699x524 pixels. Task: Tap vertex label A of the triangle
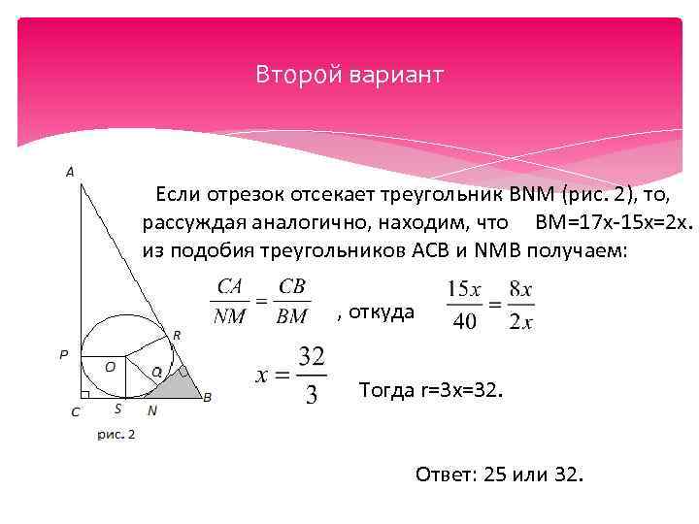pyautogui.click(x=70, y=172)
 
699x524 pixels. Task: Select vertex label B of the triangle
pyautogui.click(x=207, y=396)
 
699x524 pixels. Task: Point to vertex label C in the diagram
pyautogui.click(x=75, y=410)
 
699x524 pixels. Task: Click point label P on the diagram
pyautogui.click(x=63, y=355)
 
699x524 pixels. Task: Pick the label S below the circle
pyautogui.click(x=117, y=409)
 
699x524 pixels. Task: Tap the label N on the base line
pyautogui.click(x=152, y=410)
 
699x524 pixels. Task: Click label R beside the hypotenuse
pyautogui.click(x=176, y=334)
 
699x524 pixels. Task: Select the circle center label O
pyautogui.click(x=110, y=367)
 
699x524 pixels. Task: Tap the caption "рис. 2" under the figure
pyautogui.click(x=116, y=434)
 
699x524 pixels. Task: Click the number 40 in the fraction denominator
pyautogui.click(x=465, y=321)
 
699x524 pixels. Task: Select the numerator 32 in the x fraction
pyautogui.click(x=312, y=358)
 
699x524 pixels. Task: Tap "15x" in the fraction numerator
pyautogui.click(x=464, y=289)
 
